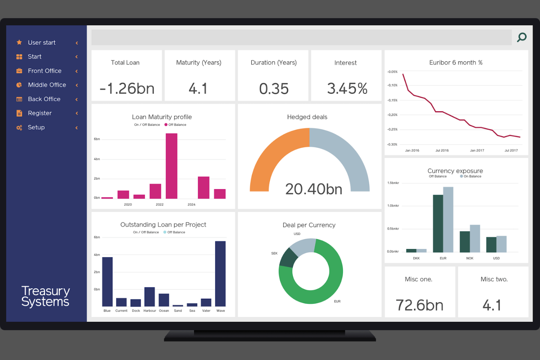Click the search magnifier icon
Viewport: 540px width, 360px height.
coord(522,37)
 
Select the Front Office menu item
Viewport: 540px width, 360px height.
coord(45,71)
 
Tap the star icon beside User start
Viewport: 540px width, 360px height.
coord(19,43)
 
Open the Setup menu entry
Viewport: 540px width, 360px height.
coord(36,127)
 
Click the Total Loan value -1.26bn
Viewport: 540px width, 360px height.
coord(127,89)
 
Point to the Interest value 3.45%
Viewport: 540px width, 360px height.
coord(347,89)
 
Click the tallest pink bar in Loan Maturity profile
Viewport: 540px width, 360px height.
coord(171,166)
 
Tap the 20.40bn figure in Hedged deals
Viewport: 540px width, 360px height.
coord(314,189)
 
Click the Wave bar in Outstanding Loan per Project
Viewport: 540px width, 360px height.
coord(220,274)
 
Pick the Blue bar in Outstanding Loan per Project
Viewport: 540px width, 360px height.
coord(107,282)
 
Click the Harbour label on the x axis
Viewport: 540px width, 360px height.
coord(150,311)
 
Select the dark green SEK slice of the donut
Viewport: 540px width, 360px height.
coord(288,258)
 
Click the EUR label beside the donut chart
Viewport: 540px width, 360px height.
coord(337,301)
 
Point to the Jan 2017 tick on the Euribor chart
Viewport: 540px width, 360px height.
coord(477,150)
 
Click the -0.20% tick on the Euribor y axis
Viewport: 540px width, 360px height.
coord(393,115)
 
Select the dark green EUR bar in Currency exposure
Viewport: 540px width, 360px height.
coord(438,223)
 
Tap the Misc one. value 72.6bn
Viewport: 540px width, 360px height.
coord(420,305)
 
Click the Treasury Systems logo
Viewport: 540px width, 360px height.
coord(45,296)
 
